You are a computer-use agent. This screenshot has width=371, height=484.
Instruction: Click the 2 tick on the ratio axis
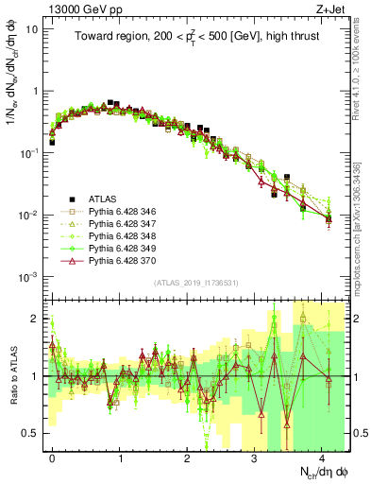tap(38, 319)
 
